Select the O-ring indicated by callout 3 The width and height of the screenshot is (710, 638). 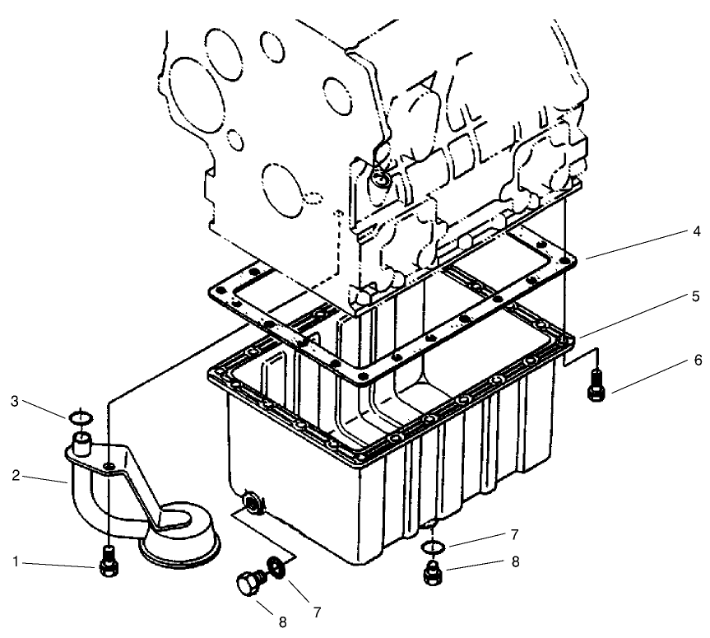pos(80,419)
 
